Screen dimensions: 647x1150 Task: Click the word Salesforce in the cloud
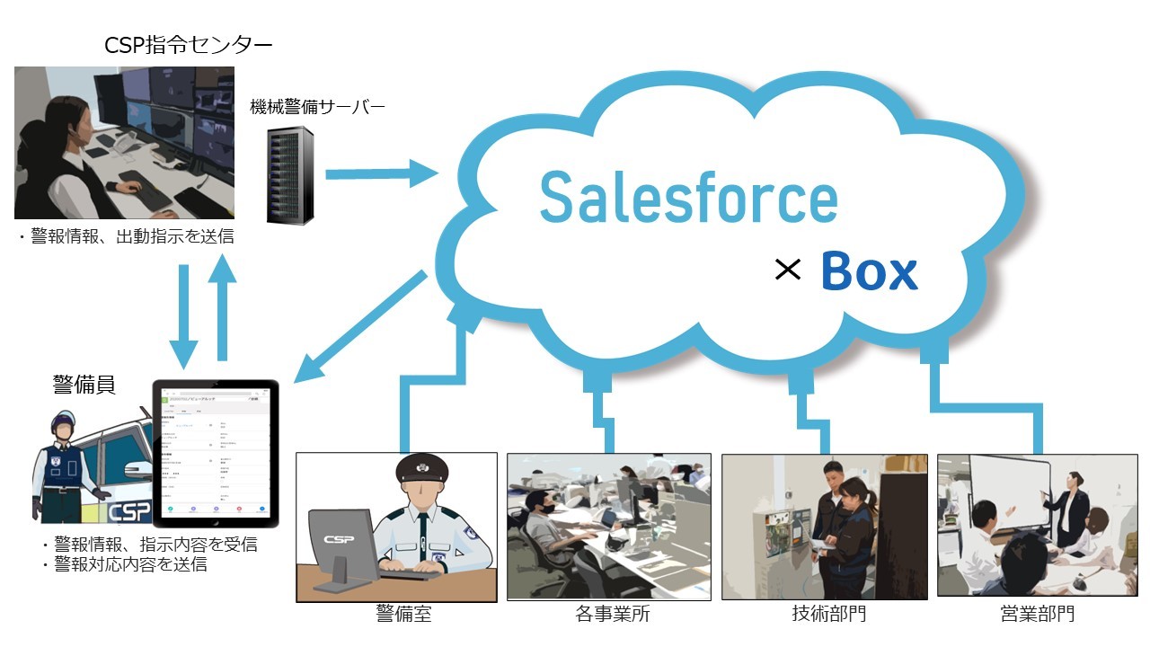(x=688, y=198)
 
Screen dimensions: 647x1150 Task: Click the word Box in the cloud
(x=869, y=271)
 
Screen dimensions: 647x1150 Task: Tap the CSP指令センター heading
(x=188, y=45)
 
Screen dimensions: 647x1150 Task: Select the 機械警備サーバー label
(x=317, y=108)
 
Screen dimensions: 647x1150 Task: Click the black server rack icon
(x=290, y=175)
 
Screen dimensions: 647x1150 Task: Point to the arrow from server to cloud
(x=381, y=173)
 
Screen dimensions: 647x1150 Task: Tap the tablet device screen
(x=216, y=452)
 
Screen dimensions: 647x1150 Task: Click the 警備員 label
(x=84, y=385)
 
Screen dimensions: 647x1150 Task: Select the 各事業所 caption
(x=612, y=615)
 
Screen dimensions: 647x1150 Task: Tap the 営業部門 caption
(x=1037, y=615)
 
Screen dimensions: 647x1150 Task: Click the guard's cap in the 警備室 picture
(x=421, y=468)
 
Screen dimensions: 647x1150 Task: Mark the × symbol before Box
(x=787, y=270)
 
